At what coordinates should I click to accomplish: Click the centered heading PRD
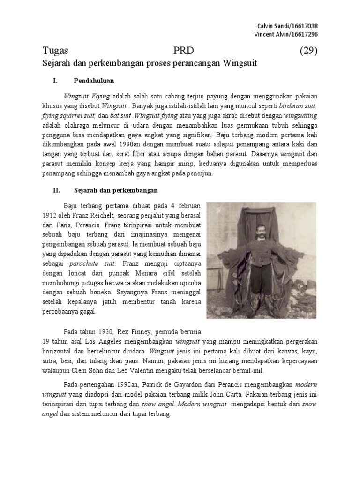183,51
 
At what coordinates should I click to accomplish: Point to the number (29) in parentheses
308,51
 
